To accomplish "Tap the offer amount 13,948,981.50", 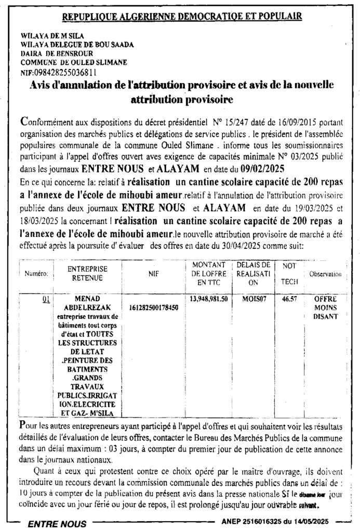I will (209, 299).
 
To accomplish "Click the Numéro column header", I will (36, 274).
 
